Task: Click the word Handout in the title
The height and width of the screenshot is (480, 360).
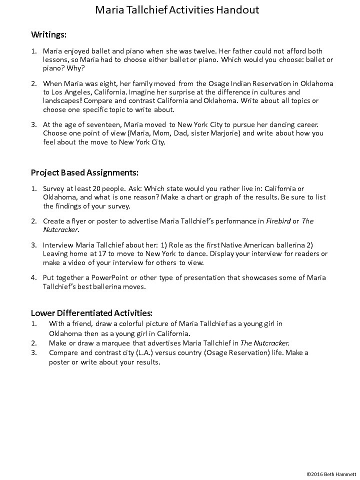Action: (236, 10)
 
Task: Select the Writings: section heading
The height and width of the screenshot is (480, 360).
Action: (48, 34)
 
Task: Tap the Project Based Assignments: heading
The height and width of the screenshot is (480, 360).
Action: (84, 172)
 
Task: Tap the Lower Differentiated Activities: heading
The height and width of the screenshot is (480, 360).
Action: (91, 313)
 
